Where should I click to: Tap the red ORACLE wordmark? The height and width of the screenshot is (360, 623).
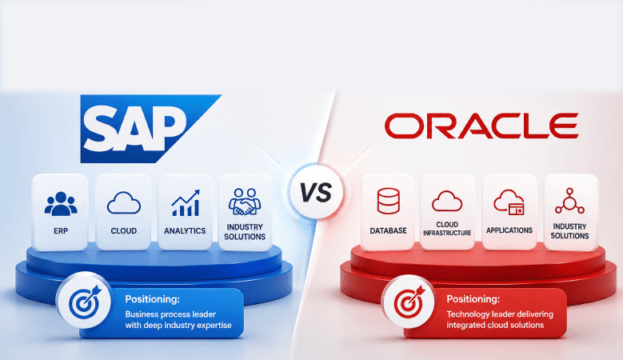coord(481,126)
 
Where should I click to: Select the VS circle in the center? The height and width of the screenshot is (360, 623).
coord(316,193)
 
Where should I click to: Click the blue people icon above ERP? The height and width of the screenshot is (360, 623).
coord(61,204)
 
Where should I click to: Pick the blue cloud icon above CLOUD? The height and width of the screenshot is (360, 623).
coord(124,202)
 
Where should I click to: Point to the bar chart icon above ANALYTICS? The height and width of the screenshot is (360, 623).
coord(186,202)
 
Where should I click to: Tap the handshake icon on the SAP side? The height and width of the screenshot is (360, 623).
coord(245,202)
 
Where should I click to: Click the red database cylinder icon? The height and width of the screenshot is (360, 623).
coord(388,201)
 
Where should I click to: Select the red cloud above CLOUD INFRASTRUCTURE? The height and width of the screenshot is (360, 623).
coord(447,201)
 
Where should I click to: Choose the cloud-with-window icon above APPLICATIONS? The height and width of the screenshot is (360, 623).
coord(509,202)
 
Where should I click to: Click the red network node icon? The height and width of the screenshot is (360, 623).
coord(569,201)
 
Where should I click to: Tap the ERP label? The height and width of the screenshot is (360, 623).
coord(61,231)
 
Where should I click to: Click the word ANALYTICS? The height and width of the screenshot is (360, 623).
coord(185,231)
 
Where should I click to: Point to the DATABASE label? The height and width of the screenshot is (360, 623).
coord(388,231)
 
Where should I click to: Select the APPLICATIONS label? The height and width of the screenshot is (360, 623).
coord(509,230)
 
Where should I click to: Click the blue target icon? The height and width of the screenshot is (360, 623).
coord(84,300)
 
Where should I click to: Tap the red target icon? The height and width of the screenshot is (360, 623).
coord(409,301)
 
